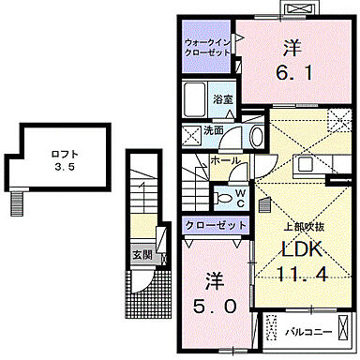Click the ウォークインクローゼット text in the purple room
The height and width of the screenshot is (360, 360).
coord(205,49)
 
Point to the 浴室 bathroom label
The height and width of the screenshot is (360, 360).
coord(222,98)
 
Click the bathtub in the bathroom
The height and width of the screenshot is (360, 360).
coord(196,99)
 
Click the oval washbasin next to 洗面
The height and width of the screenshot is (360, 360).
coord(256,135)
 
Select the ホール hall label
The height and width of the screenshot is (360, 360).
coord(223,161)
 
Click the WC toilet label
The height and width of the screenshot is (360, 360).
coord(240,198)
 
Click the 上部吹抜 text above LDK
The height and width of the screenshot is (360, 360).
coord(304,225)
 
